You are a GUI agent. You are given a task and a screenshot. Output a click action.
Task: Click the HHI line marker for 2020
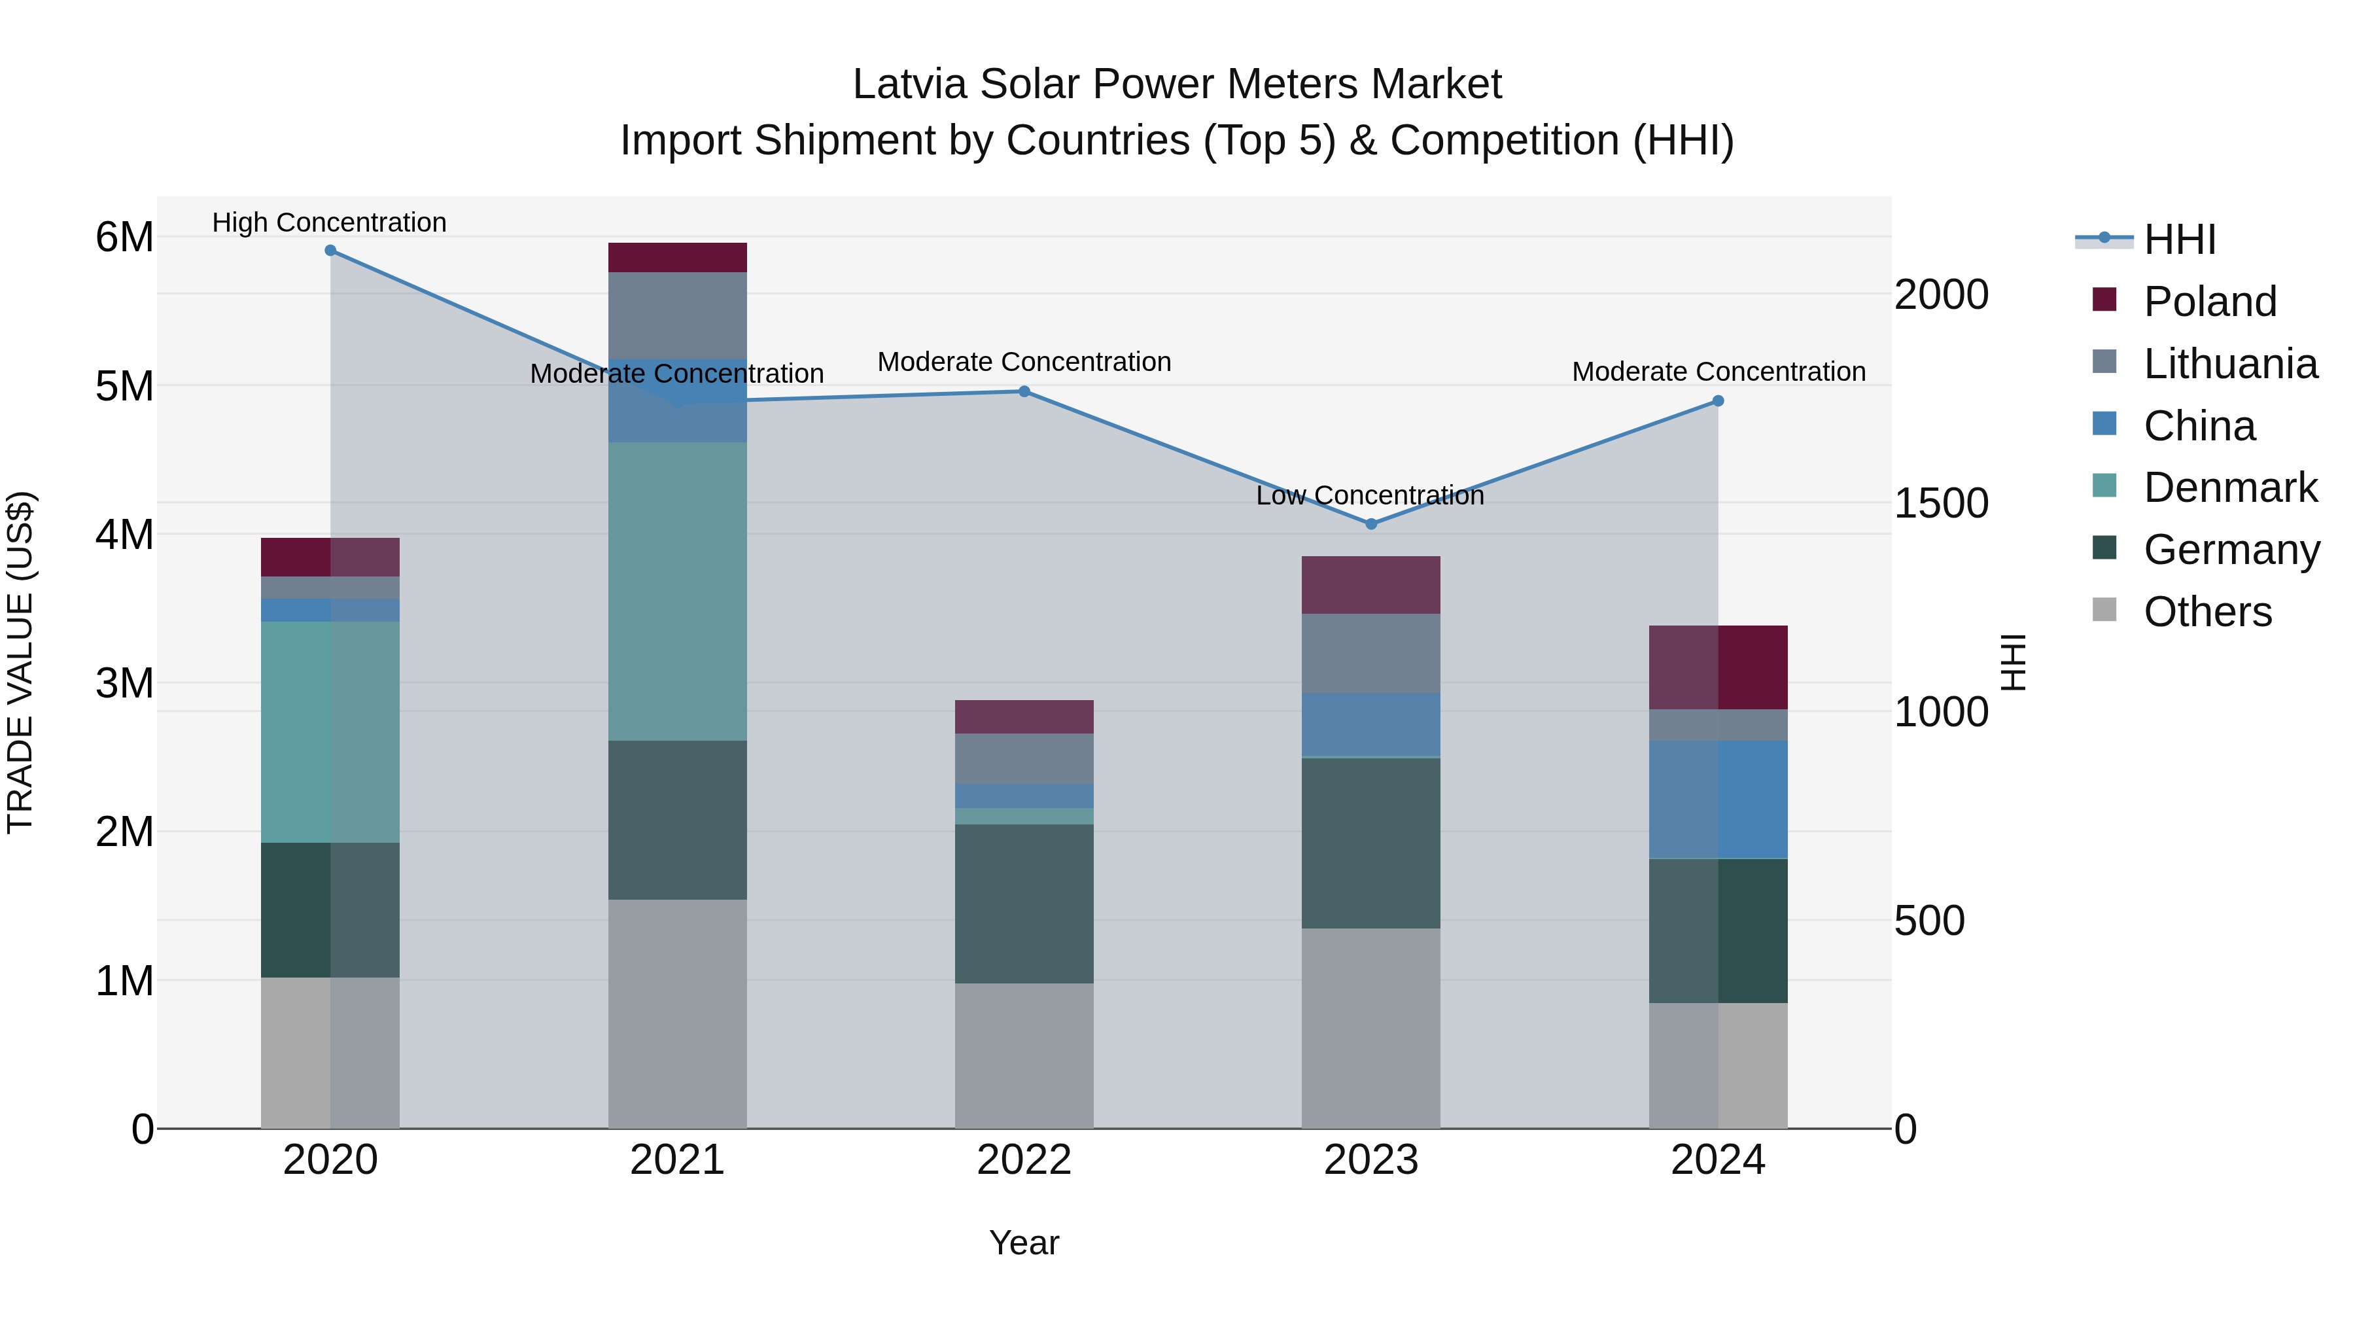(330, 251)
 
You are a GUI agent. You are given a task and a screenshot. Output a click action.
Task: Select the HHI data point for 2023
(1370, 524)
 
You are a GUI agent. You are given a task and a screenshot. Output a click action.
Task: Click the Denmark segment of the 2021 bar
(678, 591)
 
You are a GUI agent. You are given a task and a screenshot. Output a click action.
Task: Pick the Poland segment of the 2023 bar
(1370, 584)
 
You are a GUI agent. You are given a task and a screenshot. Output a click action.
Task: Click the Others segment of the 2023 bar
(1370, 1028)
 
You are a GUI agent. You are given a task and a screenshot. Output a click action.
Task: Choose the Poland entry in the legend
(2208, 302)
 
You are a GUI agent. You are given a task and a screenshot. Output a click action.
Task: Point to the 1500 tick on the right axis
(1941, 503)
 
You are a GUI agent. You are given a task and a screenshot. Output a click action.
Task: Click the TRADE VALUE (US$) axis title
(20, 662)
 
